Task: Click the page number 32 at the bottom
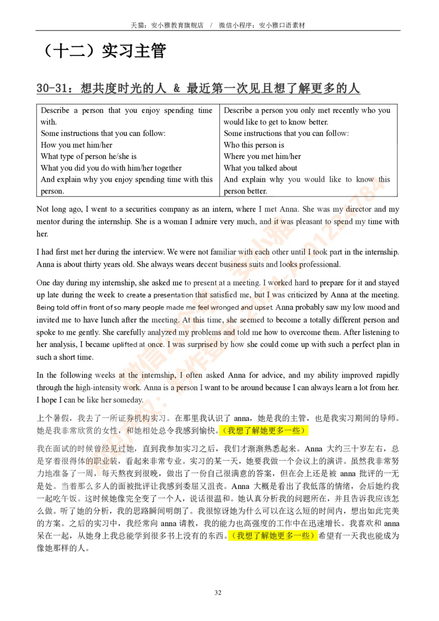click(x=218, y=592)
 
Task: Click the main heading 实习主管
click(x=134, y=50)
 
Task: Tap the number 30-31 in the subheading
click(x=52, y=88)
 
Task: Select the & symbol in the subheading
click(x=177, y=88)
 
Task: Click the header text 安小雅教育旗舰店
click(x=177, y=25)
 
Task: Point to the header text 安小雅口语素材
click(x=282, y=25)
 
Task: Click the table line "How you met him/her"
click(x=76, y=145)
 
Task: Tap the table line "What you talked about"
click(x=260, y=168)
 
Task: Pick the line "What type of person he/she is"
click(x=89, y=156)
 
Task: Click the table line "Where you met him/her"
click(x=262, y=156)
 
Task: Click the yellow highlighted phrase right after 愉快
click(x=263, y=431)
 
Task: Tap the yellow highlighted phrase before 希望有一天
click(x=273, y=536)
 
